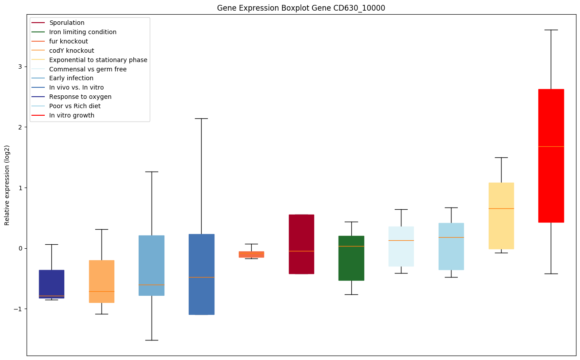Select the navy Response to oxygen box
(51, 284)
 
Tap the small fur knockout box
(251, 254)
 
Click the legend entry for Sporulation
(67, 23)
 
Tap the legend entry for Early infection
(71, 78)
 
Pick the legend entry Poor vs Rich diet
(75, 106)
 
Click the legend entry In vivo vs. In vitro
(76, 88)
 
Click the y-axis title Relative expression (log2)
(7, 185)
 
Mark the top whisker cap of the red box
(551, 30)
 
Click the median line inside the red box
(551, 146)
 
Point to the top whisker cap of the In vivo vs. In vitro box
(202, 118)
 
